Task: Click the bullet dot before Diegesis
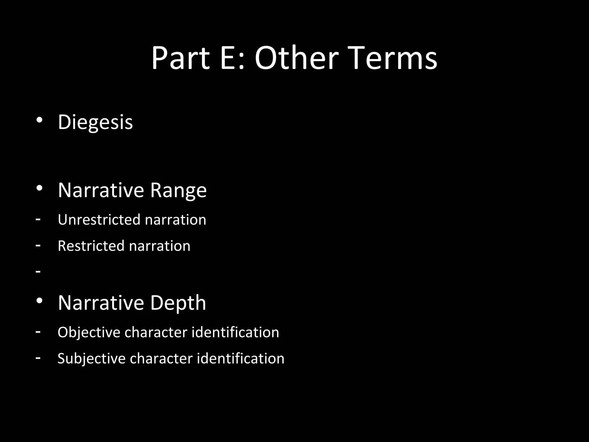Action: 39,120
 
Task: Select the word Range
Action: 178,190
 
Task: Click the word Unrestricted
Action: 99,220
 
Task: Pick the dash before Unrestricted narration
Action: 38,219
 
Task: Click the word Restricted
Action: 91,246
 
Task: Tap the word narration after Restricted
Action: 160,246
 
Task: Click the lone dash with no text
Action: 38,271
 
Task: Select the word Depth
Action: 178,303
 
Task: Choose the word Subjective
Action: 91,359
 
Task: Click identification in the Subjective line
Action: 240,359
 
